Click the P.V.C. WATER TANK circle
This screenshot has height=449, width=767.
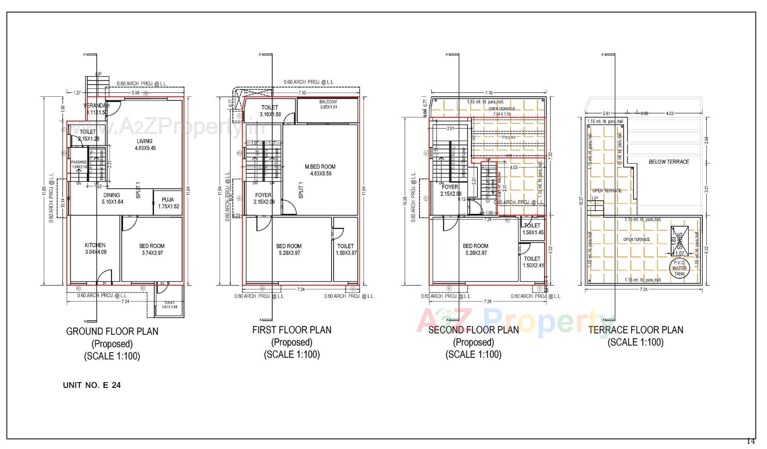tap(679, 268)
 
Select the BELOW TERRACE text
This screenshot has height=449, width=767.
tap(669, 162)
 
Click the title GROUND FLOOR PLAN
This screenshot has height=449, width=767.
tap(112, 331)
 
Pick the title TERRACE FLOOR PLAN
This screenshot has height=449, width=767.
tap(636, 330)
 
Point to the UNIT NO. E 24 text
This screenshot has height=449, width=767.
tap(92, 385)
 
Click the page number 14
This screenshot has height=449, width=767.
tap(751, 441)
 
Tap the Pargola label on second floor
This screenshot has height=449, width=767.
tap(509, 137)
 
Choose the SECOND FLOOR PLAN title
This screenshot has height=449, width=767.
tap(473, 330)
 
